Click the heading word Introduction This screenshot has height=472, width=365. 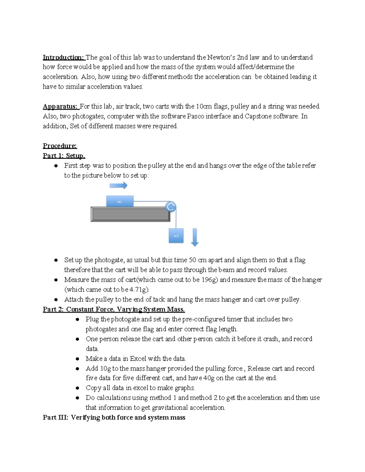pyautogui.click(x=63, y=57)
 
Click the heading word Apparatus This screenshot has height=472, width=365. pyautogui.click(x=60, y=106)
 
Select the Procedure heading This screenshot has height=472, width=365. pyautogui.click(x=60, y=146)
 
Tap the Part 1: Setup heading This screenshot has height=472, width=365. pyautogui.click(x=64, y=156)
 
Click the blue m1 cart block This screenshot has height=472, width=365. pyautogui.click(x=120, y=202)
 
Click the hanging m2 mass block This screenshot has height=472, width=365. pyautogui.click(x=176, y=236)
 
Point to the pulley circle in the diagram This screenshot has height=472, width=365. pyautogui.click(x=171, y=207)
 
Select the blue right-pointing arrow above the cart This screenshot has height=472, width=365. pyautogui.click(x=119, y=185)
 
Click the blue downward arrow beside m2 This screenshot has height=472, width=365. pyautogui.click(x=195, y=237)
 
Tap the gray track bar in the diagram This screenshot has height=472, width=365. pyautogui.click(x=130, y=214)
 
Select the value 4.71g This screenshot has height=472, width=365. pyautogui.click(x=139, y=290)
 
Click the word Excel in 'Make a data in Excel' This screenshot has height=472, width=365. pyautogui.click(x=138, y=359)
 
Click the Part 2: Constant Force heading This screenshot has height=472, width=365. pyautogui.click(x=114, y=309)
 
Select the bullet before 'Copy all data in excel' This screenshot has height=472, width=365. pyautogui.click(x=78, y=388)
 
